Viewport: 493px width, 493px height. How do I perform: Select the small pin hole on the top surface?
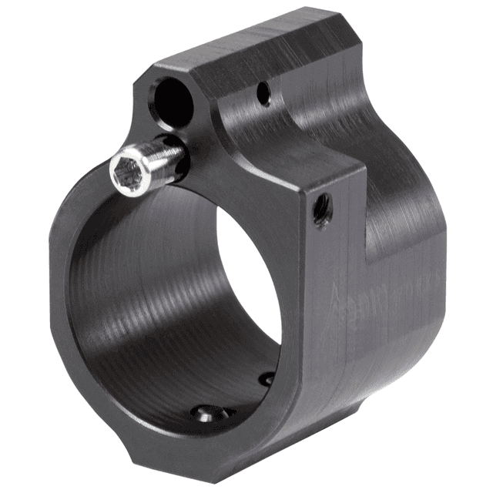263,96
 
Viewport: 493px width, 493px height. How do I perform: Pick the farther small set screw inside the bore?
266,379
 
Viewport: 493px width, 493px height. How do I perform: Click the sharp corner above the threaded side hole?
362,166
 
